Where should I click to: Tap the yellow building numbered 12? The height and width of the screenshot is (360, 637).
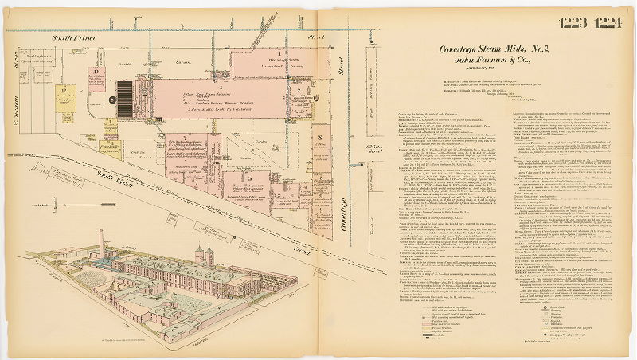[63, 95]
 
